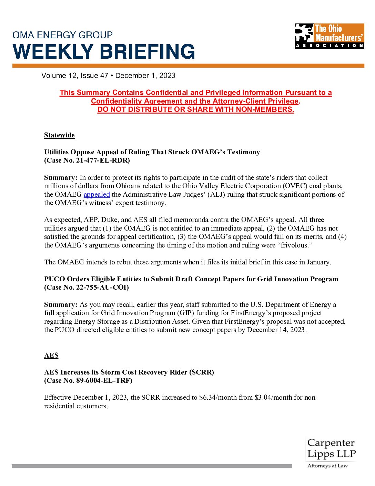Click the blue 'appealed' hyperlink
pos(97,195)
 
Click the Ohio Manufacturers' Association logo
pos(329,36)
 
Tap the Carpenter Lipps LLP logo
pos(331,453)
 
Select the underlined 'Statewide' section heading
pos(59,135)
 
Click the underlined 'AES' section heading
pos(51,356)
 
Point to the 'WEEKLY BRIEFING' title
pos(104,52)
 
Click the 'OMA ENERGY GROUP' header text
pos(62,35)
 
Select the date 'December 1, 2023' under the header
pos(145,76)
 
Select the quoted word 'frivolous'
pos(295,245)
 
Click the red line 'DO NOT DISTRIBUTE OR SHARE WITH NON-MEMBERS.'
pos(195,110)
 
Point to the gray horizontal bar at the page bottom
pos(152,466)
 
